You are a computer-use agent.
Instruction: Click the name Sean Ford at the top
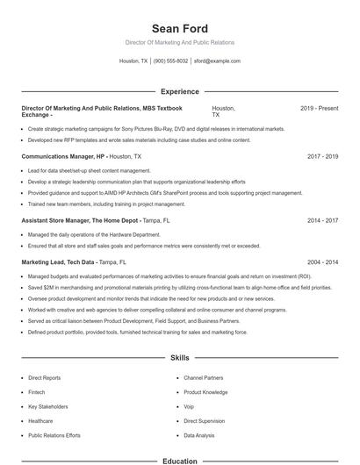(179, 28)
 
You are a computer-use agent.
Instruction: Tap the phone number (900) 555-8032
(170, 61)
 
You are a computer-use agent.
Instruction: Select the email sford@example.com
(217, 61)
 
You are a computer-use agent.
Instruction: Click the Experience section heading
(179, 91)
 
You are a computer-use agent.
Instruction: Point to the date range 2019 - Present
(319, 108)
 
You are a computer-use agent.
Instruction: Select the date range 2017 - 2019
(322, 156)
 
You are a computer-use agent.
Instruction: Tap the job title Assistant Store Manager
(68, 220)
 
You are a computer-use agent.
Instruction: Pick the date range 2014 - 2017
(322, 220)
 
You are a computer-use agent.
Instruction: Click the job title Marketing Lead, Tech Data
(59, 261)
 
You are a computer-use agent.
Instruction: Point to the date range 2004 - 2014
(322, 261)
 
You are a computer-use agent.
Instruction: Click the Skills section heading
(179, 358)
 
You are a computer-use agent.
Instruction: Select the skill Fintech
(38, 392)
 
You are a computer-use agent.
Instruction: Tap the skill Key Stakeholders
(47, 406)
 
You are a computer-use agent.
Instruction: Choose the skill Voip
(189, 406)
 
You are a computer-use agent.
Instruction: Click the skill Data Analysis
(198, 435)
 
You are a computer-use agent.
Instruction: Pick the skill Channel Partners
(203, 378)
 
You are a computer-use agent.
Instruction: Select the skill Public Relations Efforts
(54, 435)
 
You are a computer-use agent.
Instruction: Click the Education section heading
(179, 461)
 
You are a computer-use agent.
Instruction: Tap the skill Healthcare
(40, 421)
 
